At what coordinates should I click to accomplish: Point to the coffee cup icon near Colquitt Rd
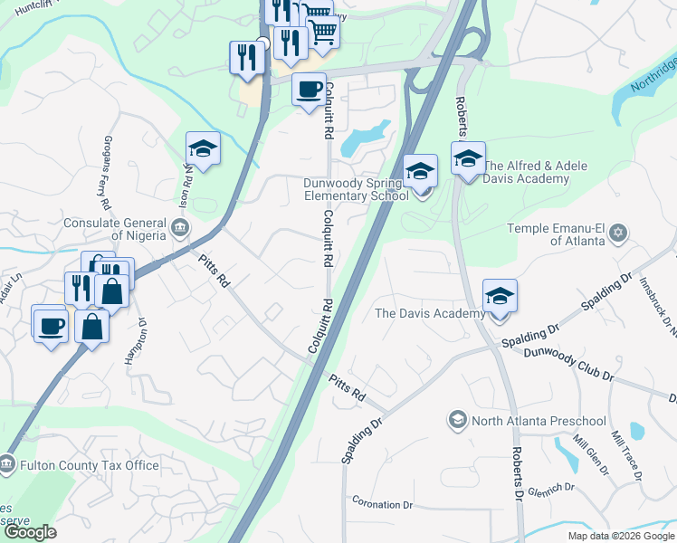click(309, 90)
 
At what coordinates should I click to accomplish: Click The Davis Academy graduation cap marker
click(500, 296)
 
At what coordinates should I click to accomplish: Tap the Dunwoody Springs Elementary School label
click(356, 188)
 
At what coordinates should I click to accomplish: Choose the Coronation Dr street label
click(383, 504)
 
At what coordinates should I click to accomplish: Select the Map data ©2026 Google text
click(622, 536)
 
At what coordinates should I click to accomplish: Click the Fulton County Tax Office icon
click(7, 465)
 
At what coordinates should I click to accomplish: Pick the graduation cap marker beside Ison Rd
click(204, 149)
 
